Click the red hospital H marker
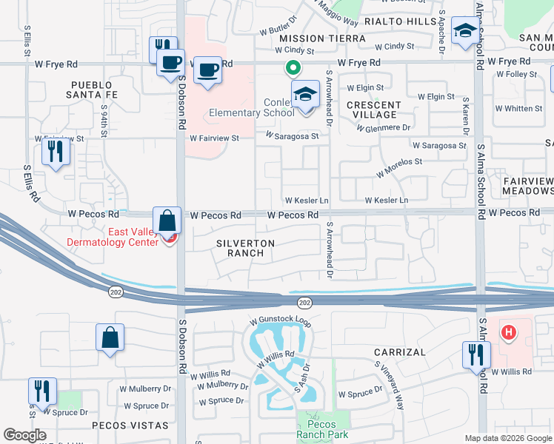click(x=508, y=333)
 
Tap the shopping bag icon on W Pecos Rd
click(x=168, y=221)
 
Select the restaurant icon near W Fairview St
click(x=56, y=152)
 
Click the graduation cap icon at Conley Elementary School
click(x=304, y=95)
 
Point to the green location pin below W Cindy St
click(x=293, y=69)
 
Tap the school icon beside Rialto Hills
click(x=464, y=31)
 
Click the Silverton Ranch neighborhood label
click(x=246, y=248)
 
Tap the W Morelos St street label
click(x=398, y=166)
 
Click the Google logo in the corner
click(x=24, y=435)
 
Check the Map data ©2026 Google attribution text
click(x=507, y=438)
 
